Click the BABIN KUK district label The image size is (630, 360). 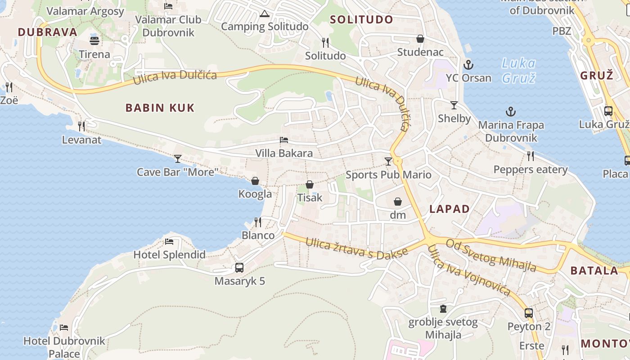(160, 108)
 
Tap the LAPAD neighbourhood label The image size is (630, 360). (449, 209)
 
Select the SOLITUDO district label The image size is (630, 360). (361, 19)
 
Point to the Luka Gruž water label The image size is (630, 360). (519, 70)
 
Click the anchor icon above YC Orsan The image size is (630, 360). (468, 65)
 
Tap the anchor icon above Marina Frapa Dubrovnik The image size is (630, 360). (511, 112)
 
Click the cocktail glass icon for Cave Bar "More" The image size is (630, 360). (178, 159)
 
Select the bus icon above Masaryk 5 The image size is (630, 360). (239, 268)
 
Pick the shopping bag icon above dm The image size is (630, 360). (398, 202)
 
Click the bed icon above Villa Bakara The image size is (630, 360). (284, 140)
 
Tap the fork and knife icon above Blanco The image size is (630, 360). (258, 222)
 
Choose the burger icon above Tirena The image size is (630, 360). (94, 41)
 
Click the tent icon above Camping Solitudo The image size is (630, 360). (264, 13)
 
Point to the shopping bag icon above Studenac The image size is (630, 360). (420, 39)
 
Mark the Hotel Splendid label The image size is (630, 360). (169, 255)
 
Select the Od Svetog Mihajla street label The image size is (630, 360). (491, 255)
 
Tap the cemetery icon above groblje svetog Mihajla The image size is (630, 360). (443, 309)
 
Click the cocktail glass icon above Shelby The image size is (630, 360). (454, 105)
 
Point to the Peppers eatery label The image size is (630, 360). (531, 170)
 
